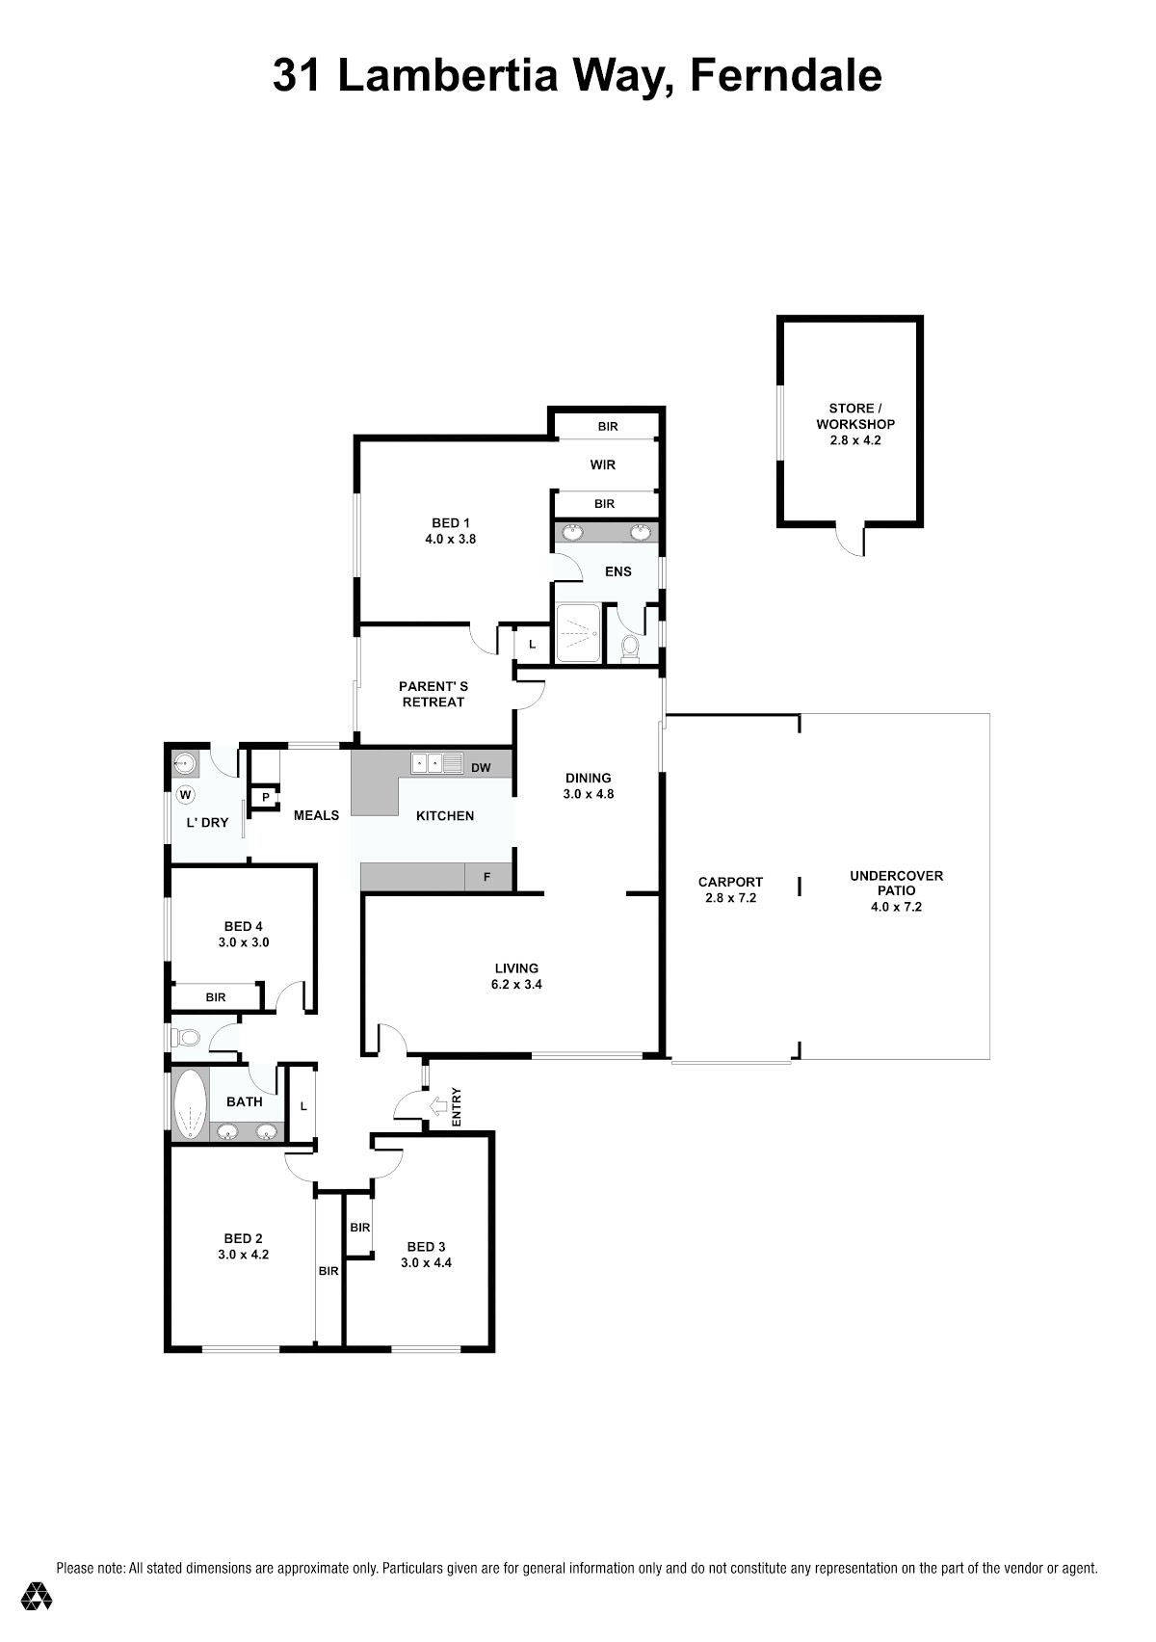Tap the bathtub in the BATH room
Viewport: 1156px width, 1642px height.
[191, 1104]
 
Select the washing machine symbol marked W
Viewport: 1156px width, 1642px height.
[185, 795]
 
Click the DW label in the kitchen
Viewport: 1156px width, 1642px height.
[481, 767]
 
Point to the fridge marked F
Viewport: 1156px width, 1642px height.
[487, 877]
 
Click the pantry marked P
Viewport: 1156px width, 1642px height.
[265, 798]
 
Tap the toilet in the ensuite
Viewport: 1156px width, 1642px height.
[630, 648]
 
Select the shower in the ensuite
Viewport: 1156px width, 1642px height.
[578, 632]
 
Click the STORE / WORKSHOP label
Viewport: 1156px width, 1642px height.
[855, 416]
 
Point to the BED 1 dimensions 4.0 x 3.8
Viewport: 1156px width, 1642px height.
[451, 539]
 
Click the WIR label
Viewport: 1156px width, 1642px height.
[602, 464]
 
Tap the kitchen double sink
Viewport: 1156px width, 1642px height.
[436, 763]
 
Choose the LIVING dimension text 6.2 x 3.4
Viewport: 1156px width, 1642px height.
[516, 985]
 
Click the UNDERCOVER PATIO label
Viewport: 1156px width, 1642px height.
[897, 883]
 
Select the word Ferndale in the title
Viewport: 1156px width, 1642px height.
[786, 75]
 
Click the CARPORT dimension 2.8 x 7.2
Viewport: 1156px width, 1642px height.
[731, 897]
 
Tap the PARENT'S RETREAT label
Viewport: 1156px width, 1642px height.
[433, 694]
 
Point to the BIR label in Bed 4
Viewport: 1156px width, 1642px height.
[216, 997]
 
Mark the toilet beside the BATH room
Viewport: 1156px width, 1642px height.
[185, 1037]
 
